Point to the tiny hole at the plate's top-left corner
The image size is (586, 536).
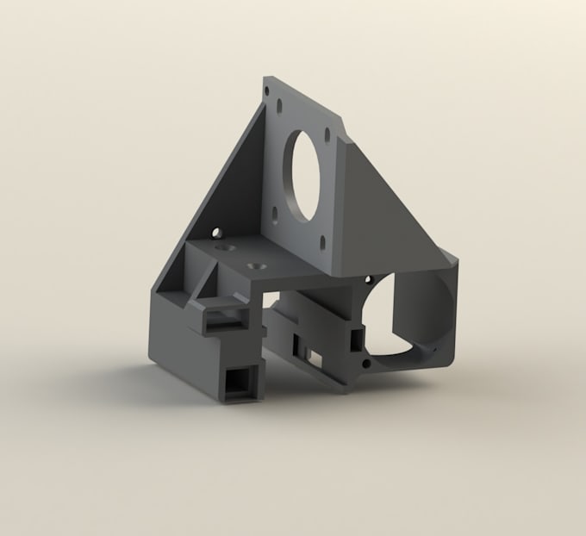coord(267,88)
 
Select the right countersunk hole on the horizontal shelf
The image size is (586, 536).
coord(254,264)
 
